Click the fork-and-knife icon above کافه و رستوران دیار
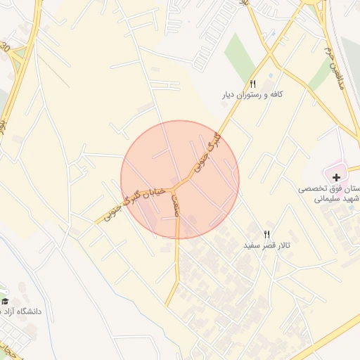click(x=252, y=82)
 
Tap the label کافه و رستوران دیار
click(x=252, y=94)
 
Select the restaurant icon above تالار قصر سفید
click(x=266, y=234)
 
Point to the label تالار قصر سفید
click(x=267, y=246)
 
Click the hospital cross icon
click(x=337, y=176)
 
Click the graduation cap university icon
click(x=6, y=301)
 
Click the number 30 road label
click(x=6, y=48)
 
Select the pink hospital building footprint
click(x=330, y=172)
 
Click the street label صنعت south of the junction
click(x=176, y=205)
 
